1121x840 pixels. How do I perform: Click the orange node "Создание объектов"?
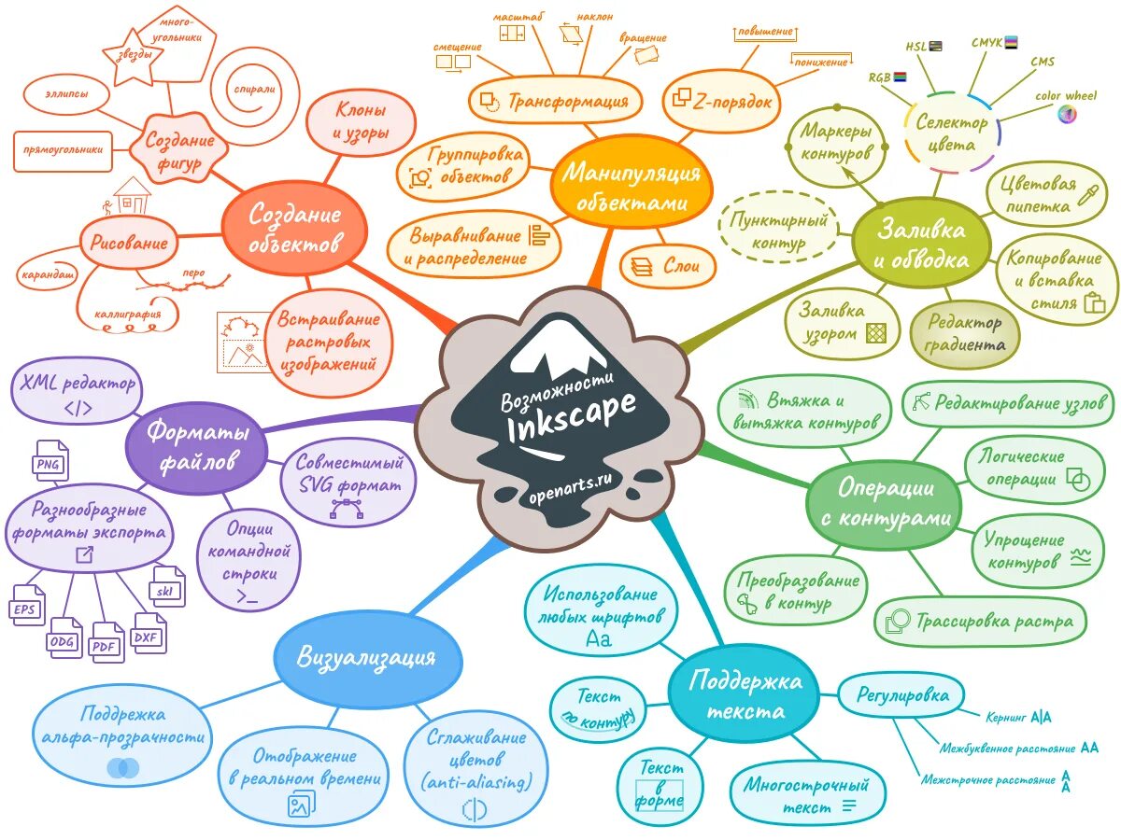[x=294, y=229]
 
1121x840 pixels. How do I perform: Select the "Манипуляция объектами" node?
[x=631, y=187]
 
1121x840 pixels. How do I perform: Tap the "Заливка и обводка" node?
[x=920, y=244]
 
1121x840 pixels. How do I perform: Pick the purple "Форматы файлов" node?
[x=198, y=446]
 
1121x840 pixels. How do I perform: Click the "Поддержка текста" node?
[x=745, y=695]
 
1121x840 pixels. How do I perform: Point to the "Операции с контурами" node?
[x=885, y=504]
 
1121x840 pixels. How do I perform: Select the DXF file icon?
[x=147, y=635]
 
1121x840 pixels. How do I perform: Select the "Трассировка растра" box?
[x=981, y=621]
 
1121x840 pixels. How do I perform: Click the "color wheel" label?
[x=1066, y=96]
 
